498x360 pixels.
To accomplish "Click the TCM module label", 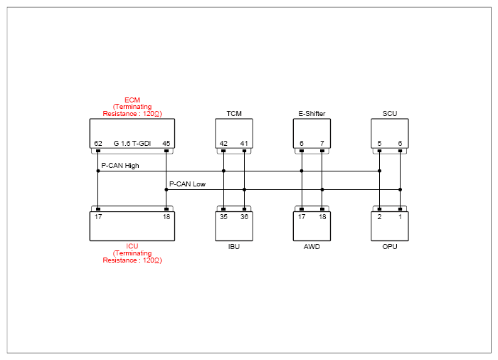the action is pyautogui.click(x=234, y=113).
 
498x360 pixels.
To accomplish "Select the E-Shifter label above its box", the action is pyautogui.click(x=312, y=113).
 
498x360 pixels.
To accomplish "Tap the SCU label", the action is pyautogui.click(x=390, y=113).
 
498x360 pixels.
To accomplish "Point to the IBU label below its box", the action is pyautogui.click(x=234, y=247).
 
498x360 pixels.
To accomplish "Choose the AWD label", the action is pyautogui.click(x=312, y=247).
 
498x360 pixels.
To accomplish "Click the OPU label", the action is pyautogui.click(x=390, y=247).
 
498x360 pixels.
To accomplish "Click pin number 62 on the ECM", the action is pyautogui.click(x=98, y=143).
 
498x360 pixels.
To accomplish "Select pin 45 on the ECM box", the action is pyautogui.click(x=166, y=143).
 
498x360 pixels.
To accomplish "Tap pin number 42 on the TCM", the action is pyautogui.click(x=223, y=143).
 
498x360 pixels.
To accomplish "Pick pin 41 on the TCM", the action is pyautogui.click(x=244, y=143).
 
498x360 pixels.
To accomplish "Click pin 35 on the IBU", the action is pyautogui.click(x=223, y=217).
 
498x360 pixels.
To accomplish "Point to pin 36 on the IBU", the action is pyautogui.click(x=244, y=217).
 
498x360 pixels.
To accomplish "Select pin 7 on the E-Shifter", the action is pyautogui.click(x=322, y=143).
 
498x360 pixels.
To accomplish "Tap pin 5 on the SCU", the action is pyautogui.click(x=379, y=143).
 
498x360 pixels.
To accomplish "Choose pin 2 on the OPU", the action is pyautogui.click(x=379, y=217).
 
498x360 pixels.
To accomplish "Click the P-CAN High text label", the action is pyautogui.click(x=120, y=166).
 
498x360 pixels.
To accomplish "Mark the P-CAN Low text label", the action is pyautogui.click(x=187, y=184).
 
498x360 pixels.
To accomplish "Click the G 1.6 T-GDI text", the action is pyautogui.click(x=132, y=143).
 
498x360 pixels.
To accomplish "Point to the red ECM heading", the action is pyautogui.click(x=132, y=100).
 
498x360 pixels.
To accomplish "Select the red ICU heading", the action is pyautogui.click(x=132, y=246).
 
